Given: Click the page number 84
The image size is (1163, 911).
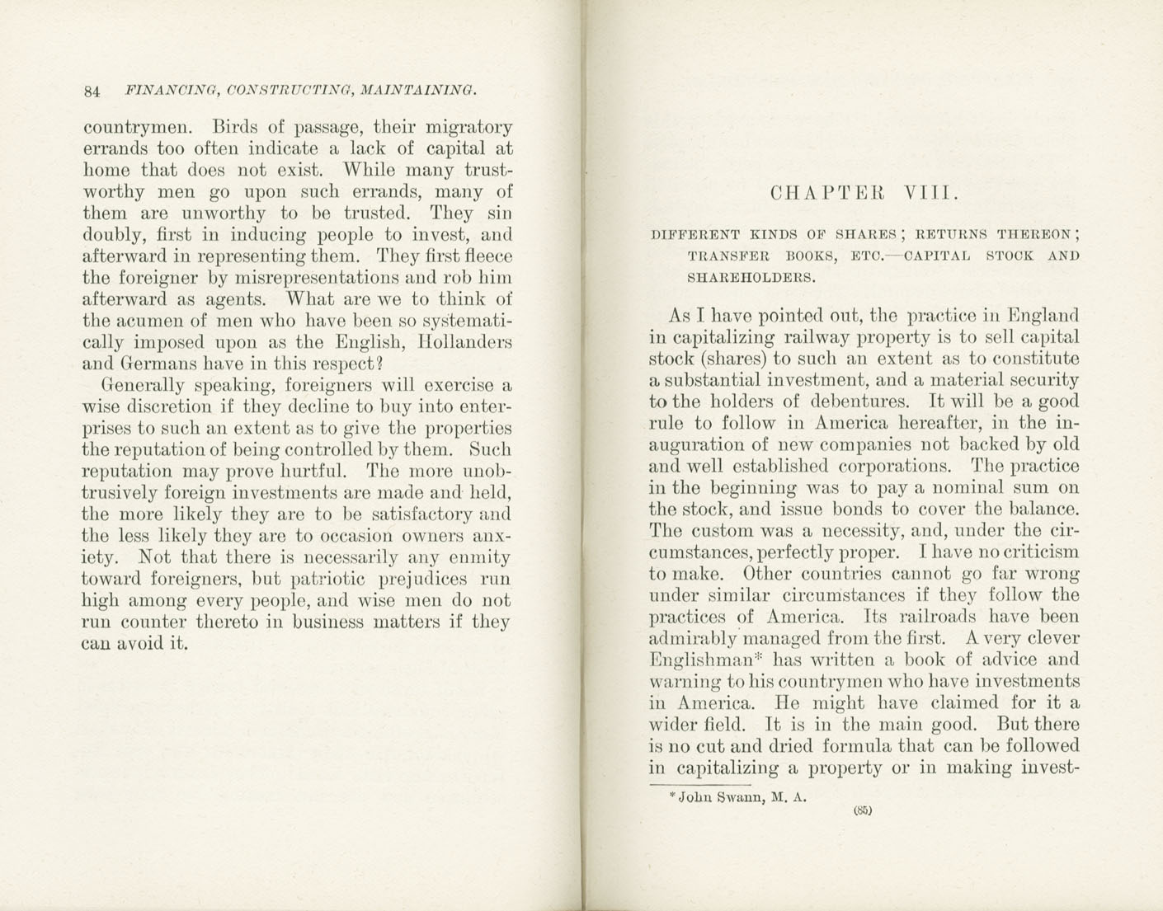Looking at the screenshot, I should pyautogui.click(x=92, y=92).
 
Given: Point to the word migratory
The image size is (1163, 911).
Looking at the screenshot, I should pyautogui.click(x=468, y=129).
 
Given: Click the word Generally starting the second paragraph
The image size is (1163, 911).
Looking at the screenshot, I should pyautogui.click(x=143, y=385).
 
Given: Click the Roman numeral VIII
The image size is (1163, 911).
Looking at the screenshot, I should pyautogui.click(x=930, y=194).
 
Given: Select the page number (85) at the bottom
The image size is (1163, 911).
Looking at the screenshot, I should pyautogui.click(x=863, y=810).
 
